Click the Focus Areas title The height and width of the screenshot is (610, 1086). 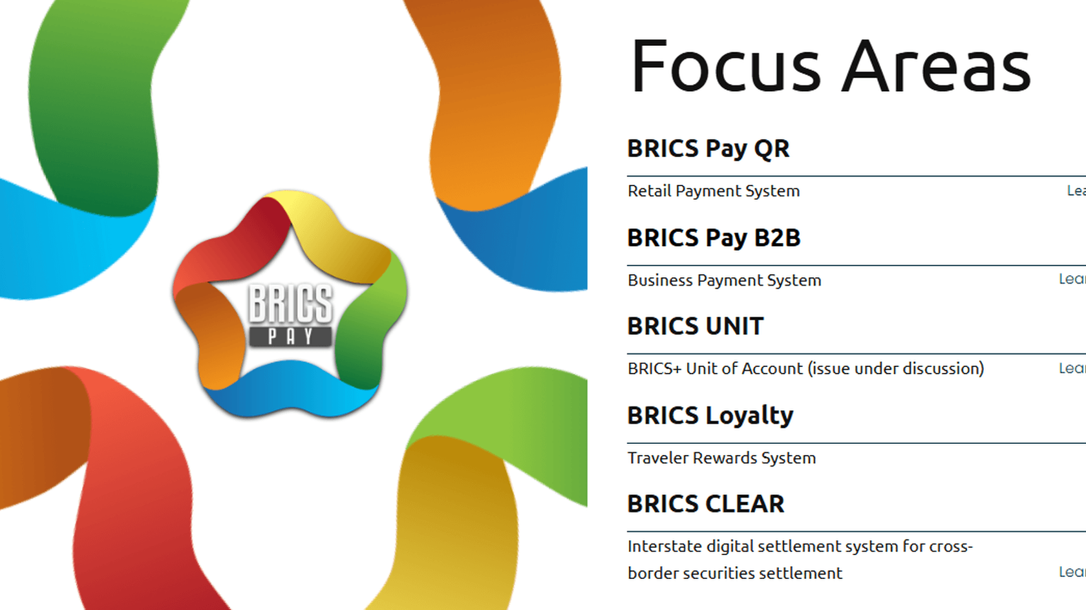click(830, 67)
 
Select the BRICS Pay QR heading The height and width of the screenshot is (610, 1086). click(708, 149)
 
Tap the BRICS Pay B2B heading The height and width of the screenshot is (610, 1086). click(714, 238)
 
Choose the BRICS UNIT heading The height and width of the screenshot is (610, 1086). click(695, 326)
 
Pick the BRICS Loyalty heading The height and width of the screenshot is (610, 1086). click(710, 415)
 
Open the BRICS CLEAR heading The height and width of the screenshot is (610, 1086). click(705, 504)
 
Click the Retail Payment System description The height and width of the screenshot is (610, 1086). click(713, 191)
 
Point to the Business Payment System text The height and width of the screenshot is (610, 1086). click(724, 280)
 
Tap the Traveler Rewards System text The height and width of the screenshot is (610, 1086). click(721, 458)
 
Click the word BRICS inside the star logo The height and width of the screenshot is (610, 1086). click(291, 303)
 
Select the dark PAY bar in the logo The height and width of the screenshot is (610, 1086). click(291, 337)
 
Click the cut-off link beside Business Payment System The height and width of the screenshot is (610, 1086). click(1072, 279)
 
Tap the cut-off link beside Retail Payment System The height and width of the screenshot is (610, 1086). click(1076, 191)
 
